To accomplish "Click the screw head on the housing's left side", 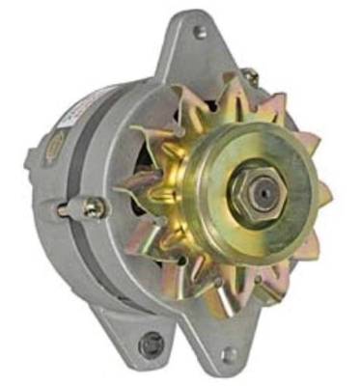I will (x=94, y=207).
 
